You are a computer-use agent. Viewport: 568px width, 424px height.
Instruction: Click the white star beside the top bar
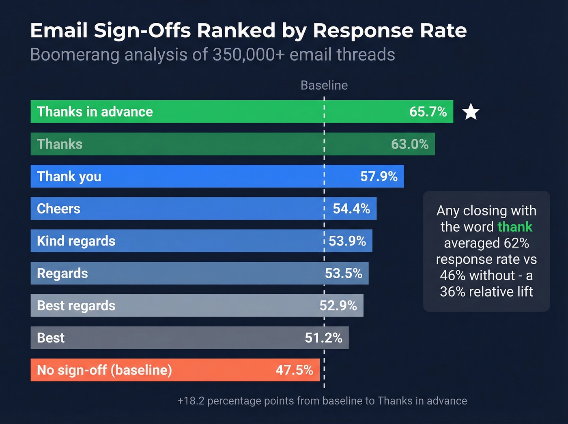471,112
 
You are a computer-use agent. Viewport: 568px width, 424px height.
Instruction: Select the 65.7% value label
428,112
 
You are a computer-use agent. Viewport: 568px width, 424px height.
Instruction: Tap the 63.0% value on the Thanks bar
410,144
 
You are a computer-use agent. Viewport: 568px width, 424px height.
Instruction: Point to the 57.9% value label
379,176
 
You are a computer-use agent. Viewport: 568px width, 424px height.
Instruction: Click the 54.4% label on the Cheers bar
351,209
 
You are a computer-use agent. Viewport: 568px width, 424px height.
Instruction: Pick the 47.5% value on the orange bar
295,370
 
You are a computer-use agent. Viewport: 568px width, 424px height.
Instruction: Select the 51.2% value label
324,338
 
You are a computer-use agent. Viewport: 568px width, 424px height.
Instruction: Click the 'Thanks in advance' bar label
95,112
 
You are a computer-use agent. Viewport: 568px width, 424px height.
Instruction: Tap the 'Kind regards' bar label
76,241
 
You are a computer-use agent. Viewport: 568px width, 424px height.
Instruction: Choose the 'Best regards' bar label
76,306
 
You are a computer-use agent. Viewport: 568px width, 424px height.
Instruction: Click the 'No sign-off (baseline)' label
105,370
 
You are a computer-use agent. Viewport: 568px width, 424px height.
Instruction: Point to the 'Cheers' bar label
59,209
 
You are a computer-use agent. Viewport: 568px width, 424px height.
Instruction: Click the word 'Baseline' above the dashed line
324,85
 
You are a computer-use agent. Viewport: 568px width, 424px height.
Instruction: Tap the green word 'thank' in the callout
515,227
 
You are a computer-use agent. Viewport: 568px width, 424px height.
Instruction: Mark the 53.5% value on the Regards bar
344,273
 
